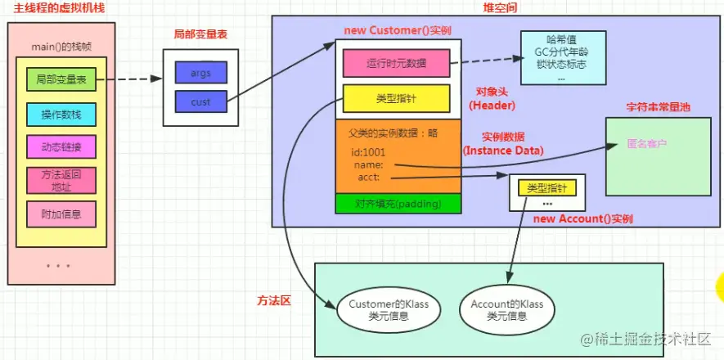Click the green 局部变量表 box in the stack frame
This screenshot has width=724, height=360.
click(x=61, y=80)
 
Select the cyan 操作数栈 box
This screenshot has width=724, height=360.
click(x=61, y=115)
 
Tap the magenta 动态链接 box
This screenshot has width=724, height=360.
click(x=61, y=147)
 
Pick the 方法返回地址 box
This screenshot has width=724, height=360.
click(x=61, y=180)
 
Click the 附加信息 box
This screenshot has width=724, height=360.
click(x=61, y=214)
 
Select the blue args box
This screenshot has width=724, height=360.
click(x=200, y=73)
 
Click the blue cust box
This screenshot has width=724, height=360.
click(x=200, y=102)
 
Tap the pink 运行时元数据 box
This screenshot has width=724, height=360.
click(x=396, y=62)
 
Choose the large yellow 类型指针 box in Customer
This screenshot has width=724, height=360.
click(x=396, y=99)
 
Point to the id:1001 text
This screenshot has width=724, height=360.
click(x=368, y=152)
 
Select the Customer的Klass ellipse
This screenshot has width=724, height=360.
click(x=382, y=309)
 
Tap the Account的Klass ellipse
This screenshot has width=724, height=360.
click(x=506, y=309)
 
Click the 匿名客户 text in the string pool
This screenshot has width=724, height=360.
click(x=646, y=143)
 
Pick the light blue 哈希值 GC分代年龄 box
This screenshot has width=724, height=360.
click(x=563, y=58)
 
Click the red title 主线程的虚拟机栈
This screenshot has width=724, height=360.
click(x=48, y=7)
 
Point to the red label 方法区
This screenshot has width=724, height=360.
click(x=274, y=301)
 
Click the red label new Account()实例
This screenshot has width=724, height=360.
click(x=582, y=219)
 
